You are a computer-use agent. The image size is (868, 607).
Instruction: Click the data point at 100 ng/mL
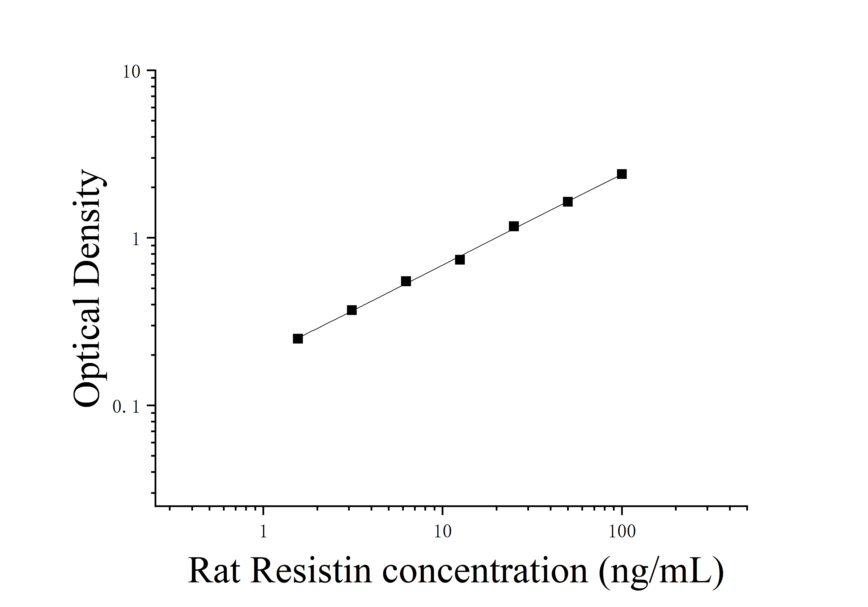point(622,174)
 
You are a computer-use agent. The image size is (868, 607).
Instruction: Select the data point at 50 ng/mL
point(567,202)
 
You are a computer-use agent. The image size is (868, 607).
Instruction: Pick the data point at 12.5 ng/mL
point(460,259)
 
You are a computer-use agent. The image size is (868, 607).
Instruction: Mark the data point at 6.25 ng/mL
point(406,281)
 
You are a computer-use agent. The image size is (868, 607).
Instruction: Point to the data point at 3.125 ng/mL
point(352,310)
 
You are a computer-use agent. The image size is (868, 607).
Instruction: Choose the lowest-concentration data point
point(297,339)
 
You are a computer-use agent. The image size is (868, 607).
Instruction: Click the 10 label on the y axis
point(131,72)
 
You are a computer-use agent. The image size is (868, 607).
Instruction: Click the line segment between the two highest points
point(595,188)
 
